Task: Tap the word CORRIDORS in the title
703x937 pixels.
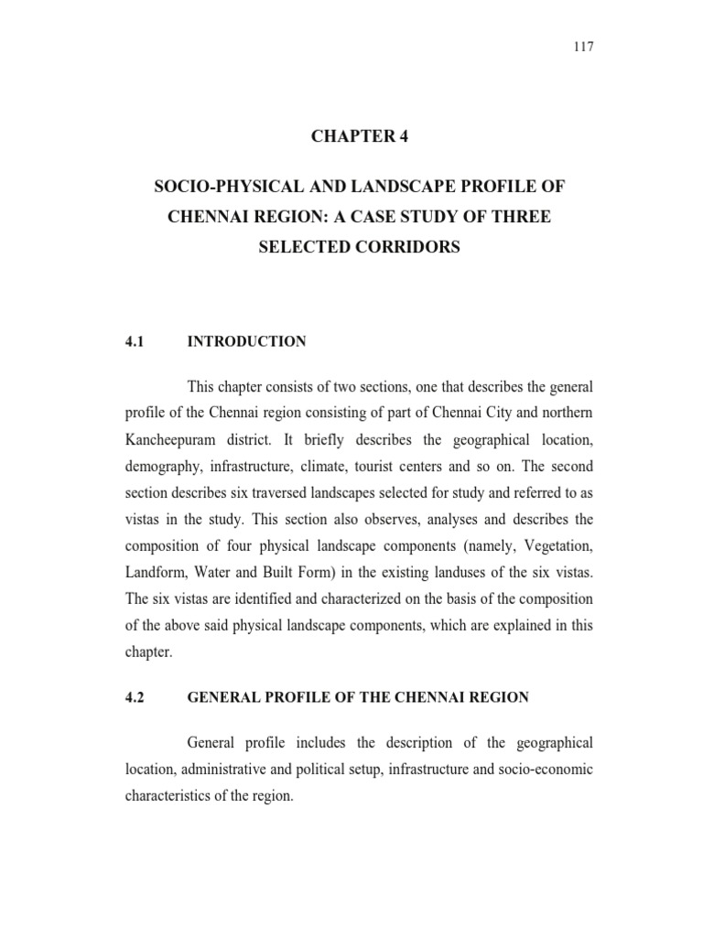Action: point(409,247)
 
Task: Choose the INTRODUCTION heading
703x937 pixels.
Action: point(246,341)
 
